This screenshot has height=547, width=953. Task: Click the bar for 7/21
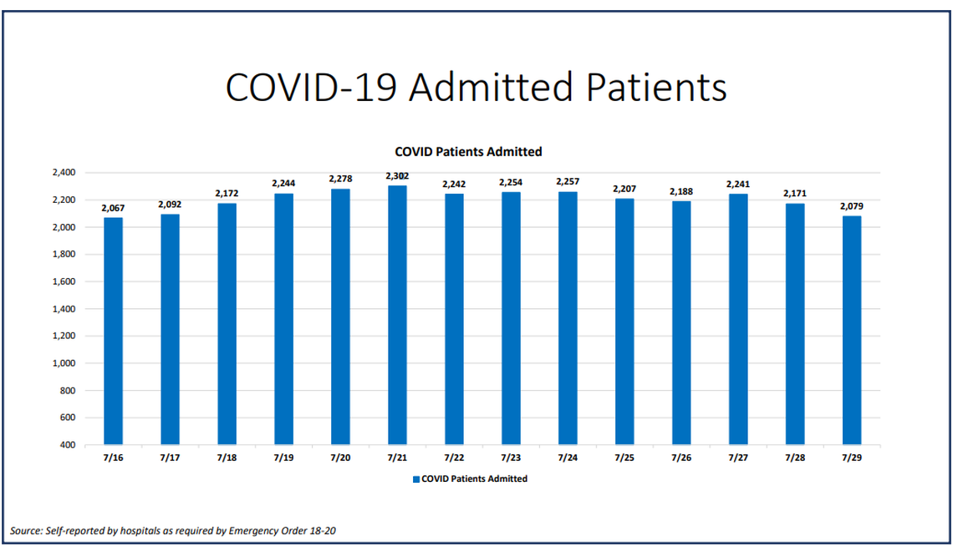[397, 315]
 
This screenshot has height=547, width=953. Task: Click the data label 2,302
[397, 176]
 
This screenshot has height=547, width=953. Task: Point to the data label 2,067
[113, 208]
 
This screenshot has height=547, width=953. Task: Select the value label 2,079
[851, 206]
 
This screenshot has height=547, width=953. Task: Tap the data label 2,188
[680, 191]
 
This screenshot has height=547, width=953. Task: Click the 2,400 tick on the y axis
[64, 173]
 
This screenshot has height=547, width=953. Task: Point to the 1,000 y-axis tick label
[64, 363]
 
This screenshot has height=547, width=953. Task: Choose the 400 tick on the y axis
[68, 445]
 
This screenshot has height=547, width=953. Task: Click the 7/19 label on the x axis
[283, 458]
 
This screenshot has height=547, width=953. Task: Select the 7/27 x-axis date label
[737, 458]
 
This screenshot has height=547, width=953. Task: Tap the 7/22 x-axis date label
[454, 458]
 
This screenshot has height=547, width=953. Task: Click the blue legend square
[415, 479]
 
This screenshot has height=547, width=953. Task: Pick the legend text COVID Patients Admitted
[474, 479]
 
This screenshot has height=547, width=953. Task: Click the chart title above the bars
[468, 152]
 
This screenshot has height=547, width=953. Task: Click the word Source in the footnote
[26, 530]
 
